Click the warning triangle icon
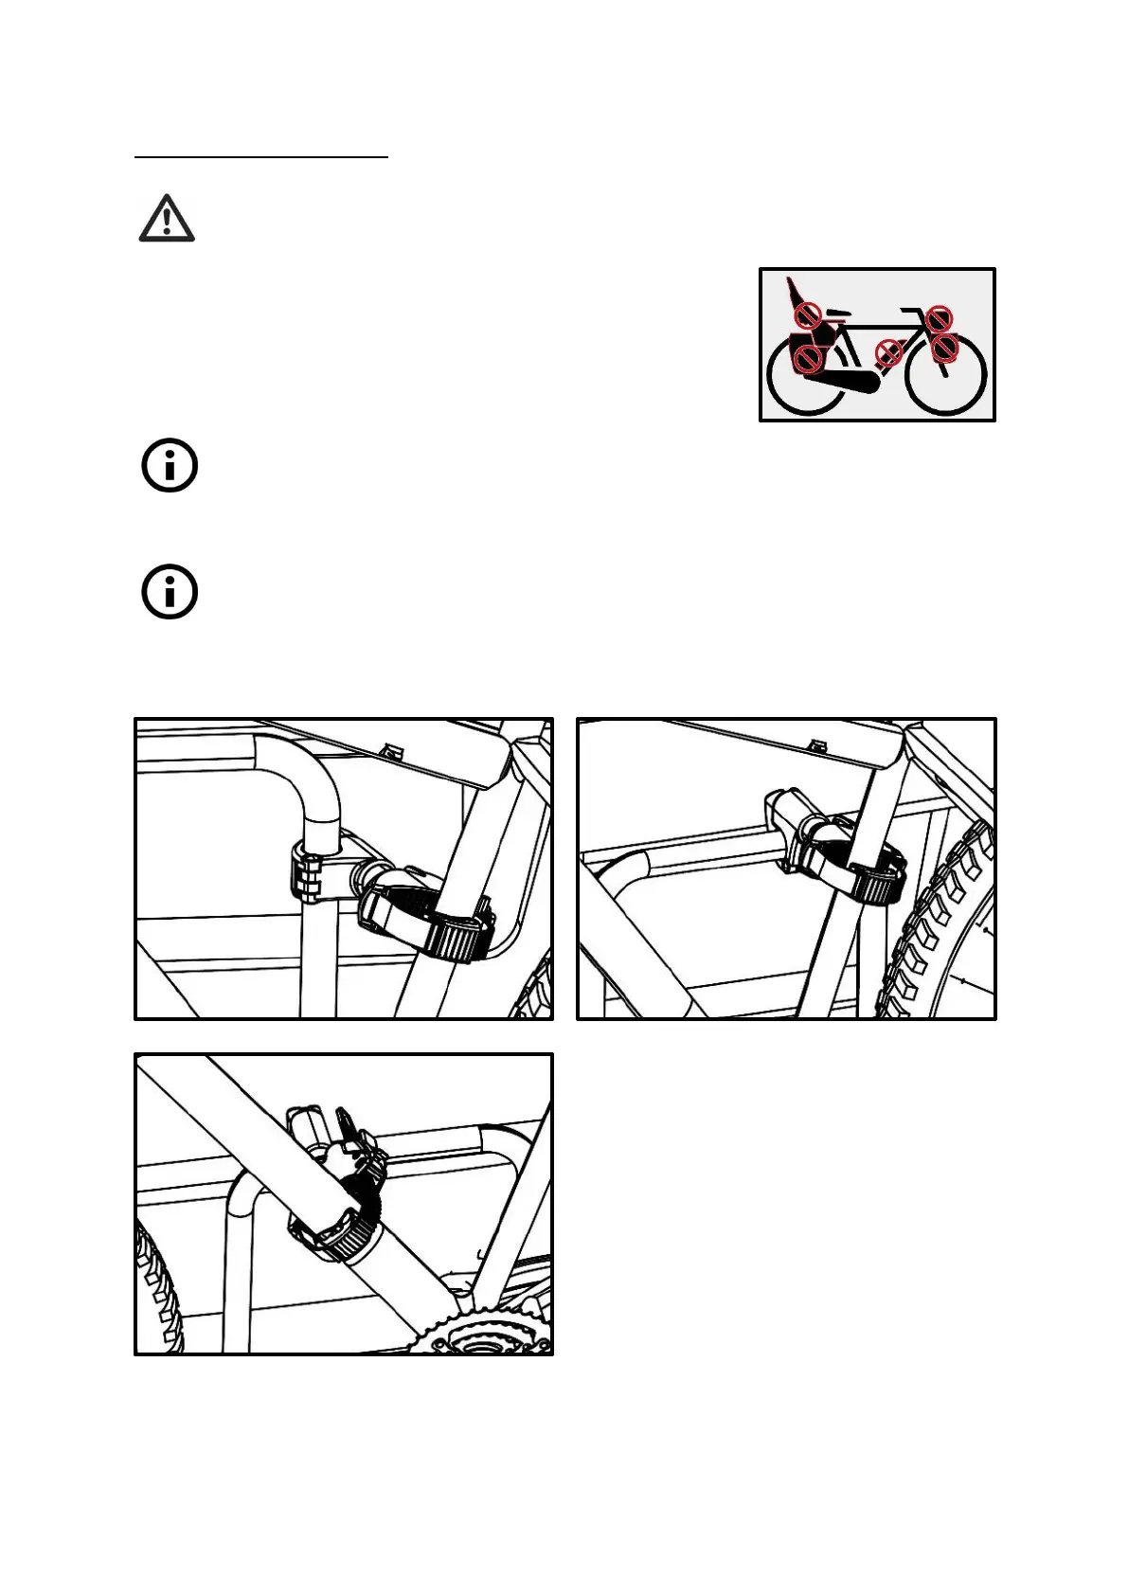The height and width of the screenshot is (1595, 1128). (x=167, y=219)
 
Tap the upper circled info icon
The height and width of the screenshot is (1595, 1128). (x=170, y=466)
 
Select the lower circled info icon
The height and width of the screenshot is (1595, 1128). (x=170, y=593)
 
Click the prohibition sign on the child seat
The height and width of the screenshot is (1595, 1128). (x=806, y=314)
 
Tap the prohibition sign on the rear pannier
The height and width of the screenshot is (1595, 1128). (x=807, y=358)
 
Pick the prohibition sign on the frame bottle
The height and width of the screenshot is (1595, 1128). (x=888, y=353)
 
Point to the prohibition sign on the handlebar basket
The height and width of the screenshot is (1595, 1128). (x=939, y=319)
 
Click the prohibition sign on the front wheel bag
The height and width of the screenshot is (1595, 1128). (x=945, y=349)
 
